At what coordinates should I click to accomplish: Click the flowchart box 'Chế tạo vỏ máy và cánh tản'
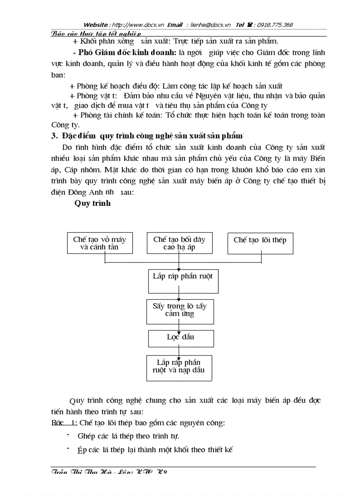point(99,243)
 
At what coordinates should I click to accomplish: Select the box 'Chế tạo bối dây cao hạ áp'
point(179,243)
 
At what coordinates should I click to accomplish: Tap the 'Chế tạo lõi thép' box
point(260,243)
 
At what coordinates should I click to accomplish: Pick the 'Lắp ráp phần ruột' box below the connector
point(183,281)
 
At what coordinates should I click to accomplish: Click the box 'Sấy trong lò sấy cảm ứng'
point(180,312)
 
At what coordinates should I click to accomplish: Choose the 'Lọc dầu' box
point(180,338)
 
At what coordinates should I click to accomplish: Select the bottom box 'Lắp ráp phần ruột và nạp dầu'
point(179,368)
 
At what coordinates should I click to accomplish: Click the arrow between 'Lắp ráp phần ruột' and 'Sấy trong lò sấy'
point(179,296)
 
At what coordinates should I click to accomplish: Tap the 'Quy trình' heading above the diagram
point(92,203)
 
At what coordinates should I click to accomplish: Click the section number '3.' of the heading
point(55,136)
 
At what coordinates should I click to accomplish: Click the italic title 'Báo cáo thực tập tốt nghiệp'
point(96,33)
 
